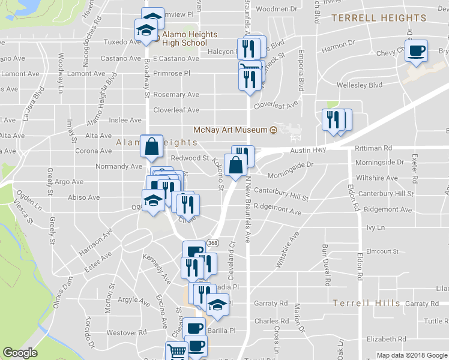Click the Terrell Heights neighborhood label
click(x=379, y=18)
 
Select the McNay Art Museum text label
click(x=230, y=130)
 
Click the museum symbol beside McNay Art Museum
click(x=273, y=130)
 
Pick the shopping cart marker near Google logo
click(x=176, y=352)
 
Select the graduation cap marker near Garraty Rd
click(x=217, y=304)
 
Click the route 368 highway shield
click(x=212, y=242)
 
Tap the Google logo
click(x=20, y=353)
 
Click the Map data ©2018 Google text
click(x=412, y=355)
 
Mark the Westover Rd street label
click(x=126, y=332)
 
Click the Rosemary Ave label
click(x=176, y=95)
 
